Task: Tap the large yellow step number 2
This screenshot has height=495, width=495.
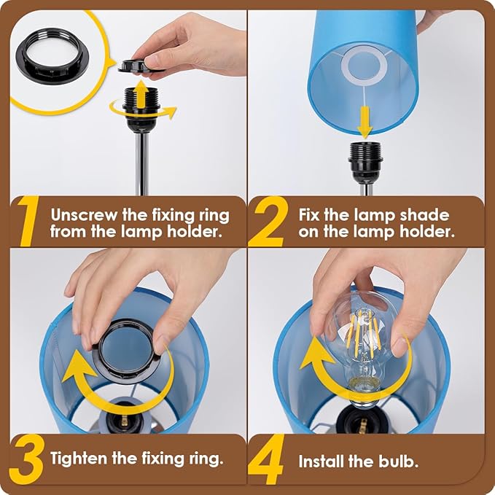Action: point(268,222)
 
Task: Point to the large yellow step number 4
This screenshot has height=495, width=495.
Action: point(266,459)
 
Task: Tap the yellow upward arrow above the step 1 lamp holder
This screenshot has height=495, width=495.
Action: point(141,95)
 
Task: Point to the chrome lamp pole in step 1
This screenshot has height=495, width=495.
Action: point(141,164)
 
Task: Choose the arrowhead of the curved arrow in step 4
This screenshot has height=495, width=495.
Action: point(316,353)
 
